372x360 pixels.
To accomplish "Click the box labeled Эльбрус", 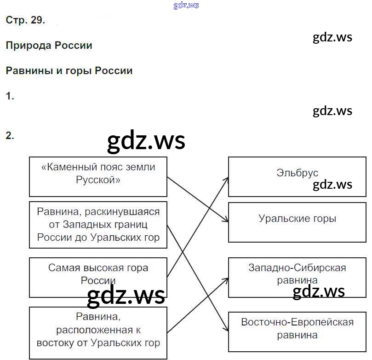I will (297, 176).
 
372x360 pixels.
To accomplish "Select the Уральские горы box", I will (297, 222).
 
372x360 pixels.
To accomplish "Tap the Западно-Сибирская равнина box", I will (297, 278).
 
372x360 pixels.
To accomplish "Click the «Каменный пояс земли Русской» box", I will (98, 177).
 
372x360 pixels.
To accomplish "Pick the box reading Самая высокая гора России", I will (98, 278).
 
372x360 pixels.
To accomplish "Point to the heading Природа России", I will (49, 46).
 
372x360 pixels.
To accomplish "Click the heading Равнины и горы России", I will (69, 71).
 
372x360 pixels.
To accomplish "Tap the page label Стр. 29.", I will (25, 20).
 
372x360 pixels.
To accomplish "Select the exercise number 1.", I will (10, 96).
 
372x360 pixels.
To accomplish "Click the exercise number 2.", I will (10, 136).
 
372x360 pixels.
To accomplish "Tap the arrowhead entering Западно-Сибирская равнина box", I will (226, 279).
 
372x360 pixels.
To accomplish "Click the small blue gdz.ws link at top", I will (186, 6).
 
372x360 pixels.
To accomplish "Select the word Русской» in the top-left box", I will (98, 180).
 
